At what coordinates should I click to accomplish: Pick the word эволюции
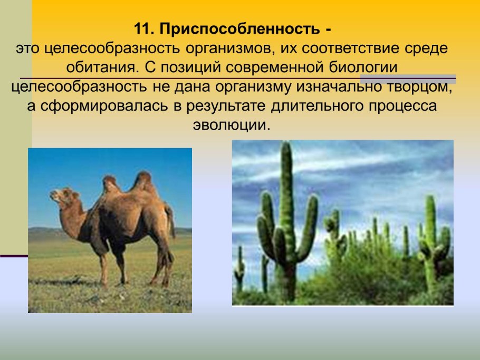coord(229,125)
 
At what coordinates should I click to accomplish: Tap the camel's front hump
coord(111,184)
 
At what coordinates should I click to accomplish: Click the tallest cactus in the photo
coord(286,211)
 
